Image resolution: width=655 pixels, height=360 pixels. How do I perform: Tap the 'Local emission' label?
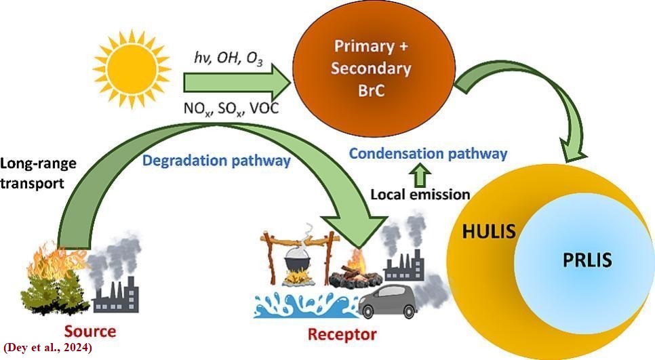[420, 195]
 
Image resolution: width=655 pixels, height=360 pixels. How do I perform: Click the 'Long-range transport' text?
[39, 174]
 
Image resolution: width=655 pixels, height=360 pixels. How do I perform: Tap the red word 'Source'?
[90, 332]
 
